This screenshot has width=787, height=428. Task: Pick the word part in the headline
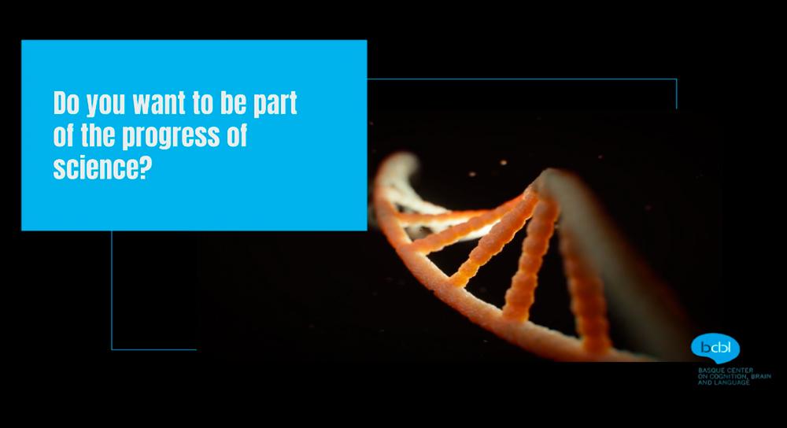pos(275,105)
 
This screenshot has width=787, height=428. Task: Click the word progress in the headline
pos(171,137)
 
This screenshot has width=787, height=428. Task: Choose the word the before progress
pos(98,135)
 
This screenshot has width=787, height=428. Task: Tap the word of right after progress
pos(236,135)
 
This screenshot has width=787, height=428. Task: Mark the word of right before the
pos(64,135)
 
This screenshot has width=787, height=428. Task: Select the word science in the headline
pos(94,167)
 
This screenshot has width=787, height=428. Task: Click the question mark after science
pos(143,167)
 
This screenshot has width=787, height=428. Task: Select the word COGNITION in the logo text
pos(728,376)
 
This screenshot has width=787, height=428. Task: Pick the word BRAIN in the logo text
pos(761,376)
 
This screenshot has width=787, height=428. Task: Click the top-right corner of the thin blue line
pos(676,79)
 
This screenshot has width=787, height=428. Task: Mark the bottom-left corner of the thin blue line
pos(112,349)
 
